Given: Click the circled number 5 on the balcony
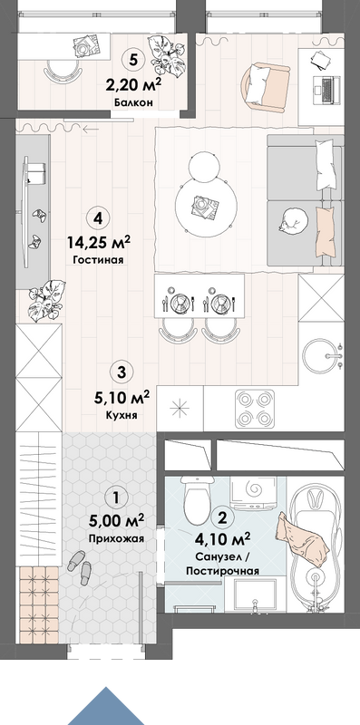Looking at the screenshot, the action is [x=133, y=60].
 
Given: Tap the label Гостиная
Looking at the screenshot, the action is [x=98, y=260].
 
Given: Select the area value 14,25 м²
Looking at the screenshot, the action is [x=98, y=242].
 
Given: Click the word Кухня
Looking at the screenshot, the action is [x=122, y=415].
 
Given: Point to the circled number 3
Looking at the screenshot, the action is [x=122, y=372].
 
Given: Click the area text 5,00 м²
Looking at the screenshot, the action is [x=117, y=521].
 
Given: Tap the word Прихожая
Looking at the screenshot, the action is [x=117, y=538].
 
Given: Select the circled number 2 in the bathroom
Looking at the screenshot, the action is [x=222, y=517].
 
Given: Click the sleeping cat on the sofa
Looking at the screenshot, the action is [x=294, y=219].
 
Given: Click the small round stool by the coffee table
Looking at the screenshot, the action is [x=204, y=166].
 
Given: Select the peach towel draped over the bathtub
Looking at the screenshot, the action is [x=303, y=539].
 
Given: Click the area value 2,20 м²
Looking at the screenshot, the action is [x=133, y=85].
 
